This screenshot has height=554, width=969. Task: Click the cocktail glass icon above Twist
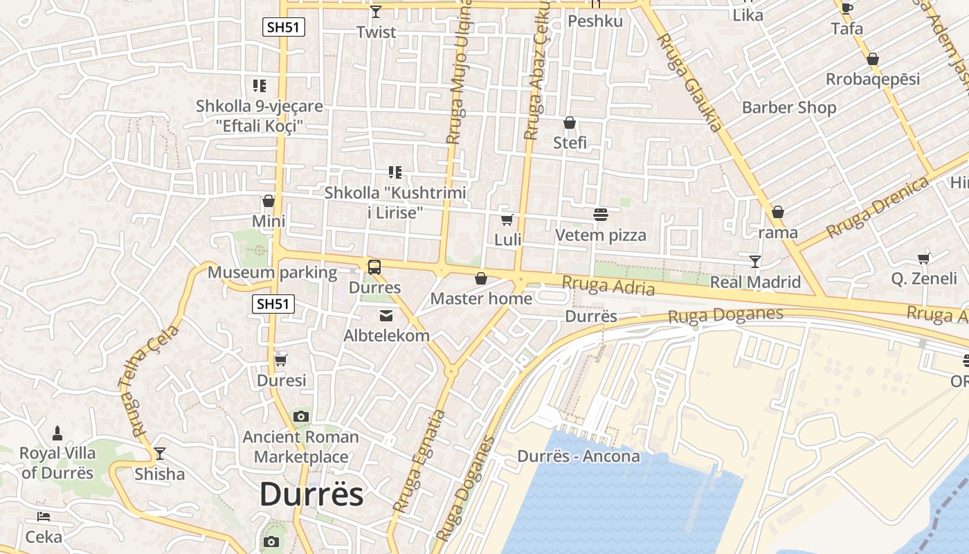[376, 12]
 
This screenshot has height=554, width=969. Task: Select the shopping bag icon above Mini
[269, 202]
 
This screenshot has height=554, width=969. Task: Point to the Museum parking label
[272, 272]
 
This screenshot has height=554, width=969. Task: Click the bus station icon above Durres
[374, 267]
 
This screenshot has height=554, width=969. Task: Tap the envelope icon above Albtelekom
[386, 316]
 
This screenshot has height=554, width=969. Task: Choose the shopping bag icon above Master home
[481, 279]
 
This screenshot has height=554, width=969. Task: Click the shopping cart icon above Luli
[507, 220]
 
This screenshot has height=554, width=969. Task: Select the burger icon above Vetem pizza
[600, 215]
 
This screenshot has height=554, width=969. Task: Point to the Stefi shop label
[570, 143]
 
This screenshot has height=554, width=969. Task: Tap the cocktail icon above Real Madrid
[755, 262]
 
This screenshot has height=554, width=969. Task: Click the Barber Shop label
[789, 107]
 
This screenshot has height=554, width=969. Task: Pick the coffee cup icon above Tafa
[846, 9]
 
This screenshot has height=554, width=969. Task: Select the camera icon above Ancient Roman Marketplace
[300, 417]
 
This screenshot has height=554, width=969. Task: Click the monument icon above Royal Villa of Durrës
[57, 434]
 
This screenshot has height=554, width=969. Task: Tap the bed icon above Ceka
[43, 517]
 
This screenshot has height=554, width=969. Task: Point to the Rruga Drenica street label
[877, 207]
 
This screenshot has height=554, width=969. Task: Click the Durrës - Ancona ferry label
[579, 456]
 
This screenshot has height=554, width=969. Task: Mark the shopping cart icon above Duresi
[281, 361]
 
